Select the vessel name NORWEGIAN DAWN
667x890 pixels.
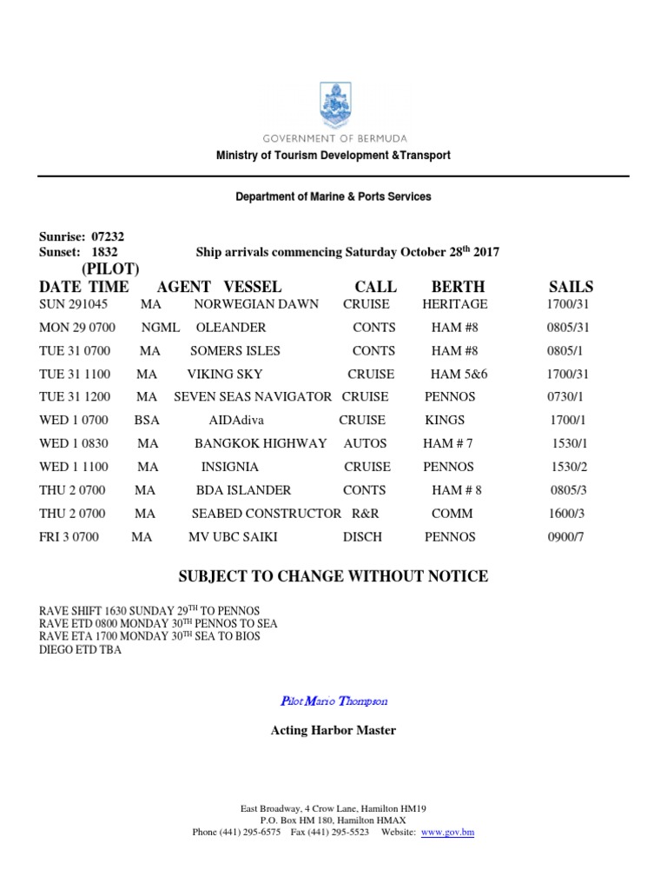tap(256, 304)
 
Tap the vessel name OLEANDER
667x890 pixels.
tap(231, 328)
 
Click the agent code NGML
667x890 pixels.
tap(161, 328)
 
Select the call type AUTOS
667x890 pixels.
tap(366, 443)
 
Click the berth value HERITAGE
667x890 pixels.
tap(455, 304)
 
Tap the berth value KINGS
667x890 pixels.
tap(445, 420)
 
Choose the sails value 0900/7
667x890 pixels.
tap(566, 537)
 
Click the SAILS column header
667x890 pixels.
tap(571, 287)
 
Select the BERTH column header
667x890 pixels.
tap(458, 287)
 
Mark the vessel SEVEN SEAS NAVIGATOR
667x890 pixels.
tap(253, 396)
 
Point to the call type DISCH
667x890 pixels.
tap(362, 537)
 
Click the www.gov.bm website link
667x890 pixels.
tap(447, 832)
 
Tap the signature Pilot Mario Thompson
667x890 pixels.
tap(333, 701)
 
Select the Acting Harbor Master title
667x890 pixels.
tap(333, 730)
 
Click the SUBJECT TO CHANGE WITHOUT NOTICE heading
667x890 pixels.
tap(333, 576)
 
